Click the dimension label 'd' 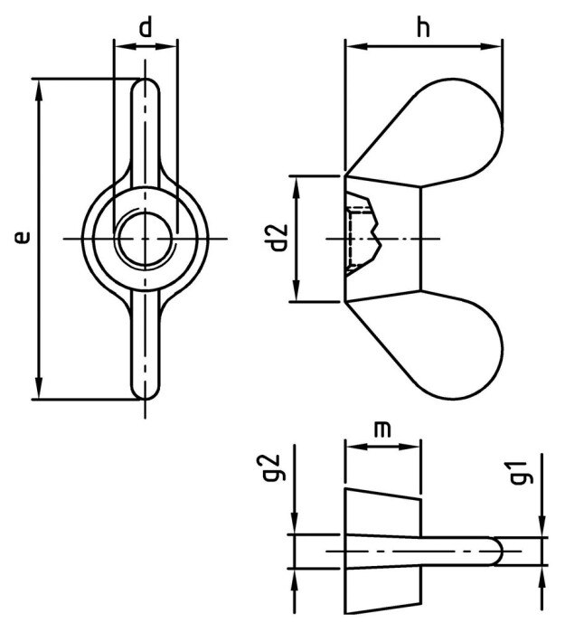(x=146, y=27)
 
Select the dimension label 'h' (x=422, y=28)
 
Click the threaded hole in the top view (x=146, y=239)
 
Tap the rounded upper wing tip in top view (x=146, y=91)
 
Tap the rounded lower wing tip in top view (x=146, y=386)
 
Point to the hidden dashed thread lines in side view (x=358, y=238)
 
